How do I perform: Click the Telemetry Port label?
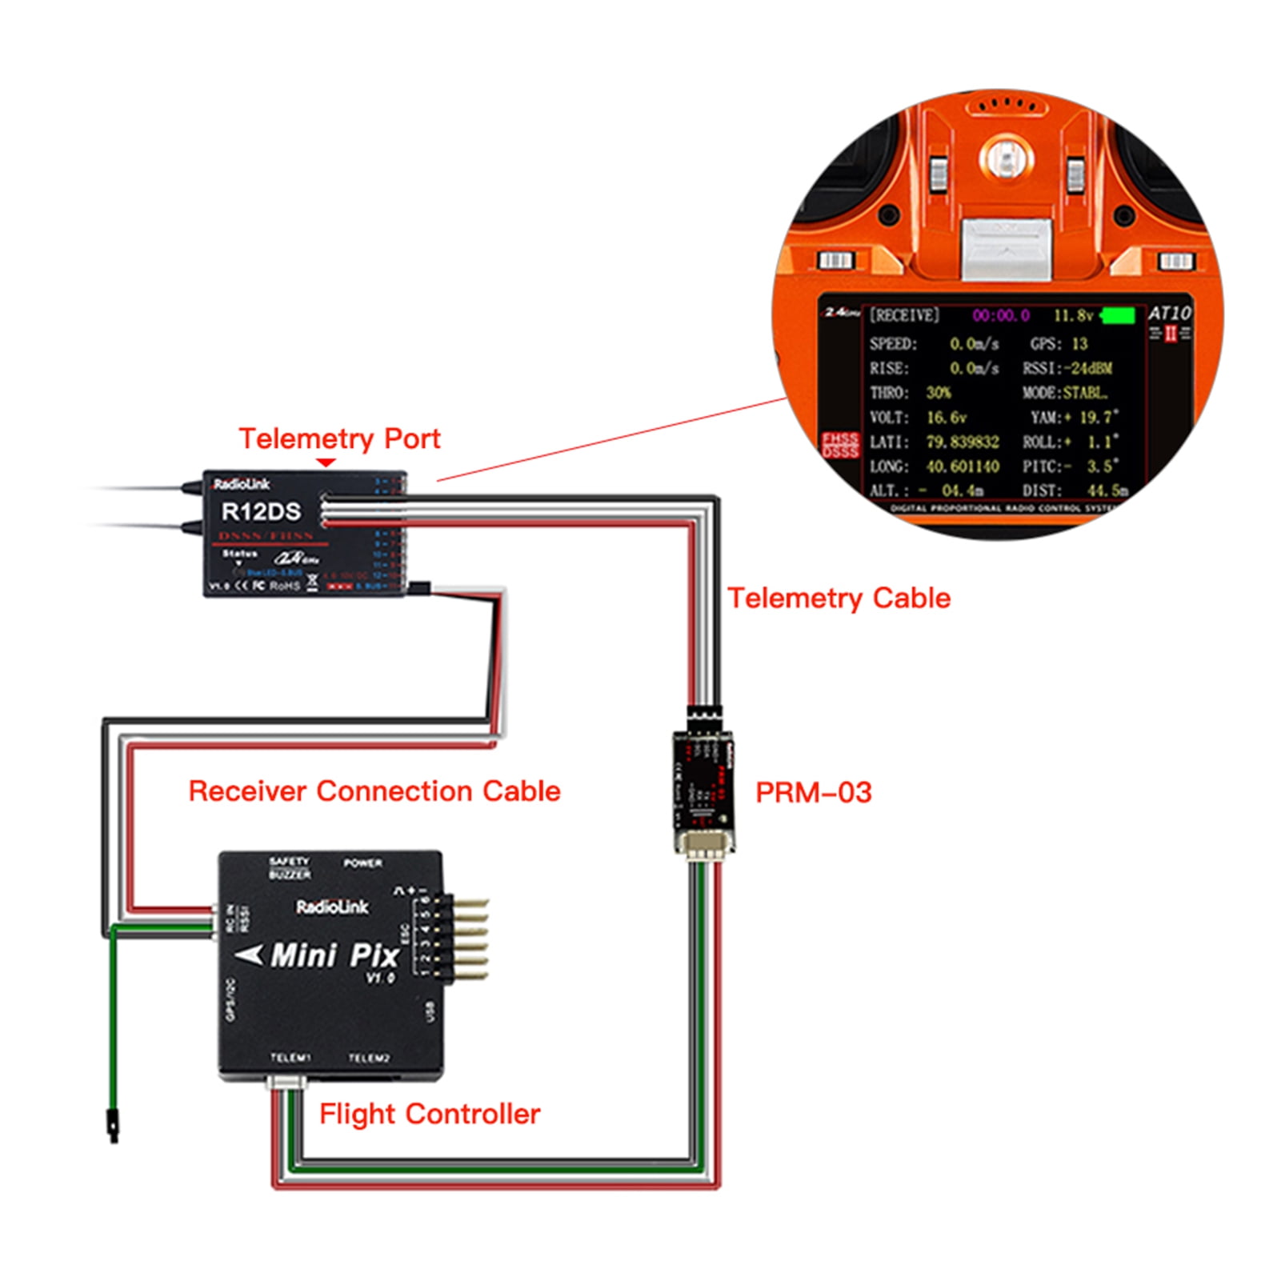(x=339, y=438)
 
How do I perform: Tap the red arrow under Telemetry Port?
(x=326, y=462)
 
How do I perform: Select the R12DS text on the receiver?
(x=261, y=512)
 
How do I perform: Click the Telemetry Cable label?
(x=839, y=598)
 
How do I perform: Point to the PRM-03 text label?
(x=813, y=792)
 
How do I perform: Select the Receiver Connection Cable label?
(x=374, y=791)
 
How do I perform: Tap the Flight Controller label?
(x=430, y=1114)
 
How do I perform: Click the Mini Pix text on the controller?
(x=334, y=955)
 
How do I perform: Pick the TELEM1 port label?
(x=290, y=1058)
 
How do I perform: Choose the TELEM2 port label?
(x=369, y=1058)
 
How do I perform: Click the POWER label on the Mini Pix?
(x=362, y=863)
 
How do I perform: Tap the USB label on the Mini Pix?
(x=430, y=1011)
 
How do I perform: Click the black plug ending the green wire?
(x=114, y=1124)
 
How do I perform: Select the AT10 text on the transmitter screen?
(x=1169, y=313)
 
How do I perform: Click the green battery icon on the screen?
(x=1119, y=316)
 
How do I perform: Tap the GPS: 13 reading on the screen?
(x=1058, y=344)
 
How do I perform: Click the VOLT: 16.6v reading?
(x=918, y=418)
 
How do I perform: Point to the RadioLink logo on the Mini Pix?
(x=332, y=907)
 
